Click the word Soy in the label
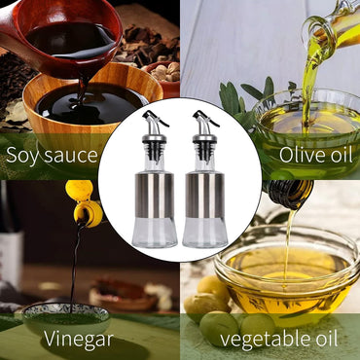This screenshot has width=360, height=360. point(22,156)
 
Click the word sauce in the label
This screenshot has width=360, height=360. point(70,156)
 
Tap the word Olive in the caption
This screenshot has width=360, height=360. point(300,155)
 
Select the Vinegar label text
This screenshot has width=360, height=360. point(79,339)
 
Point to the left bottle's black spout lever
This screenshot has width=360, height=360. point(155,118)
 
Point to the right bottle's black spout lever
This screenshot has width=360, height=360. point(205,118)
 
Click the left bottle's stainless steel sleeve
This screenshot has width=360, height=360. point(155,196)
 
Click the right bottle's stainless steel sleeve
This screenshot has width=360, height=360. point(205,196)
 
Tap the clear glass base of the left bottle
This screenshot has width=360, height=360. point(155,233)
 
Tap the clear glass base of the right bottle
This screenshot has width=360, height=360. point(205,233)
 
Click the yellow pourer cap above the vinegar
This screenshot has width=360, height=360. point(84,202)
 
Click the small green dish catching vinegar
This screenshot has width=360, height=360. point(67,319)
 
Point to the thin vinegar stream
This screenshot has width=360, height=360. point(74,270)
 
